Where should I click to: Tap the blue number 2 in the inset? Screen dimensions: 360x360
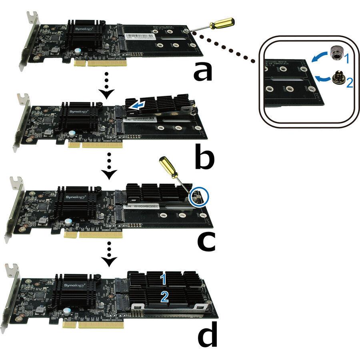349,83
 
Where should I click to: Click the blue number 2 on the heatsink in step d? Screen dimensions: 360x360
164,296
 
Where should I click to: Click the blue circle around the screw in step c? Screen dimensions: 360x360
199,196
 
